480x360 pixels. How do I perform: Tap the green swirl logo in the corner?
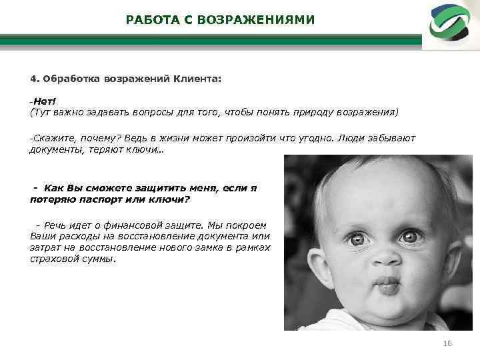pos(449,24)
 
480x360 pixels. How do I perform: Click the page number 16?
pos(447,343)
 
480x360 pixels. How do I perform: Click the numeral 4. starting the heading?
pos(34,78)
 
